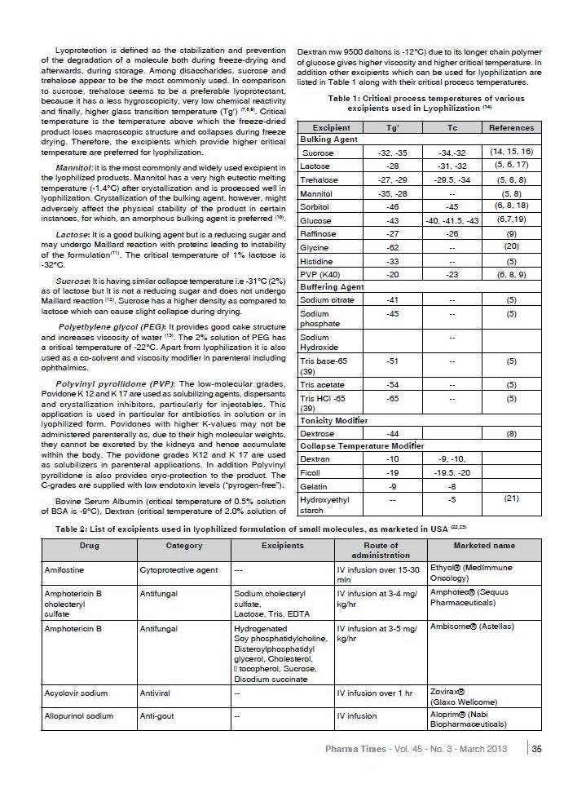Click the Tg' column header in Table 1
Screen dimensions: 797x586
pos(391,127)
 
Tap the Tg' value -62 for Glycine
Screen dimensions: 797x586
pos(391,246)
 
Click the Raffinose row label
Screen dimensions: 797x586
pos(318,233)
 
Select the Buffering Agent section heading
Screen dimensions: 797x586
pos(332,287)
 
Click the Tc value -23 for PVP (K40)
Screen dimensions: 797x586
pos(452,275)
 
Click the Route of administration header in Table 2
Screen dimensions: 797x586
pos(381,550)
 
